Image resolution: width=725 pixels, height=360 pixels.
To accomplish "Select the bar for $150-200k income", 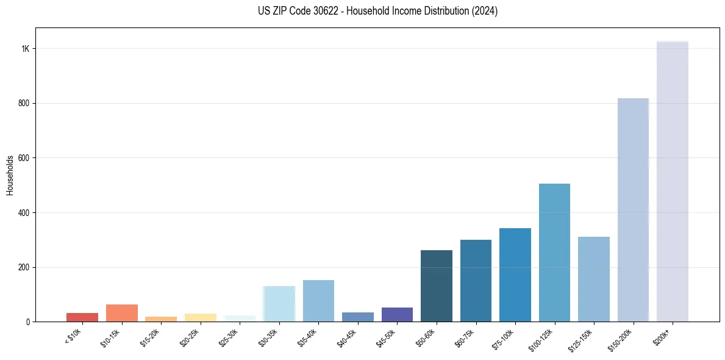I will [x=633, y=210].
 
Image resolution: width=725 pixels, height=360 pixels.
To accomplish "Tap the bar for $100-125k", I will [x=554, y=253].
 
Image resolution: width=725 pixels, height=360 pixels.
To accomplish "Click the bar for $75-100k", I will [x=515, y=275].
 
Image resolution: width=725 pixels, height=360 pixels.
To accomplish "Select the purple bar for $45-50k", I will [x=397, y=314].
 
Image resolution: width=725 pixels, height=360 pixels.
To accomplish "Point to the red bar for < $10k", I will [x=82, y=317].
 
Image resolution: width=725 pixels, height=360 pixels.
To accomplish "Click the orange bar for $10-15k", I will [x=121, y=313].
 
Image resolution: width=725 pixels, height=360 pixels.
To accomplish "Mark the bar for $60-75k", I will [x=476, y=281].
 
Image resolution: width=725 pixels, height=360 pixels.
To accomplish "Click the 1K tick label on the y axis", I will [x=25, y=49].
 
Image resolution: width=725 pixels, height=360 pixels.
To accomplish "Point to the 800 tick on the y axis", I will [x=24, y=103].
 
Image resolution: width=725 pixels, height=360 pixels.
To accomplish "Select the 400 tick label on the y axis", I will [x=24, y=212].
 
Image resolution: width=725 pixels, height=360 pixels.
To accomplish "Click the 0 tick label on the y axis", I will [x=28, y=322].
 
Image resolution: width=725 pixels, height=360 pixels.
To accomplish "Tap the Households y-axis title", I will [x=10, y=175].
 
